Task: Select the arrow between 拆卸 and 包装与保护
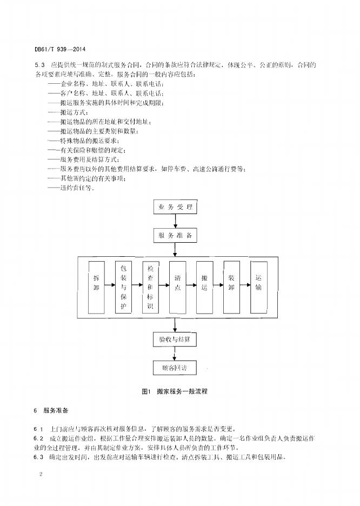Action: point(110,287)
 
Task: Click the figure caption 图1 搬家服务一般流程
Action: point(174,391)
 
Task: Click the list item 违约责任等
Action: point(70,189)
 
